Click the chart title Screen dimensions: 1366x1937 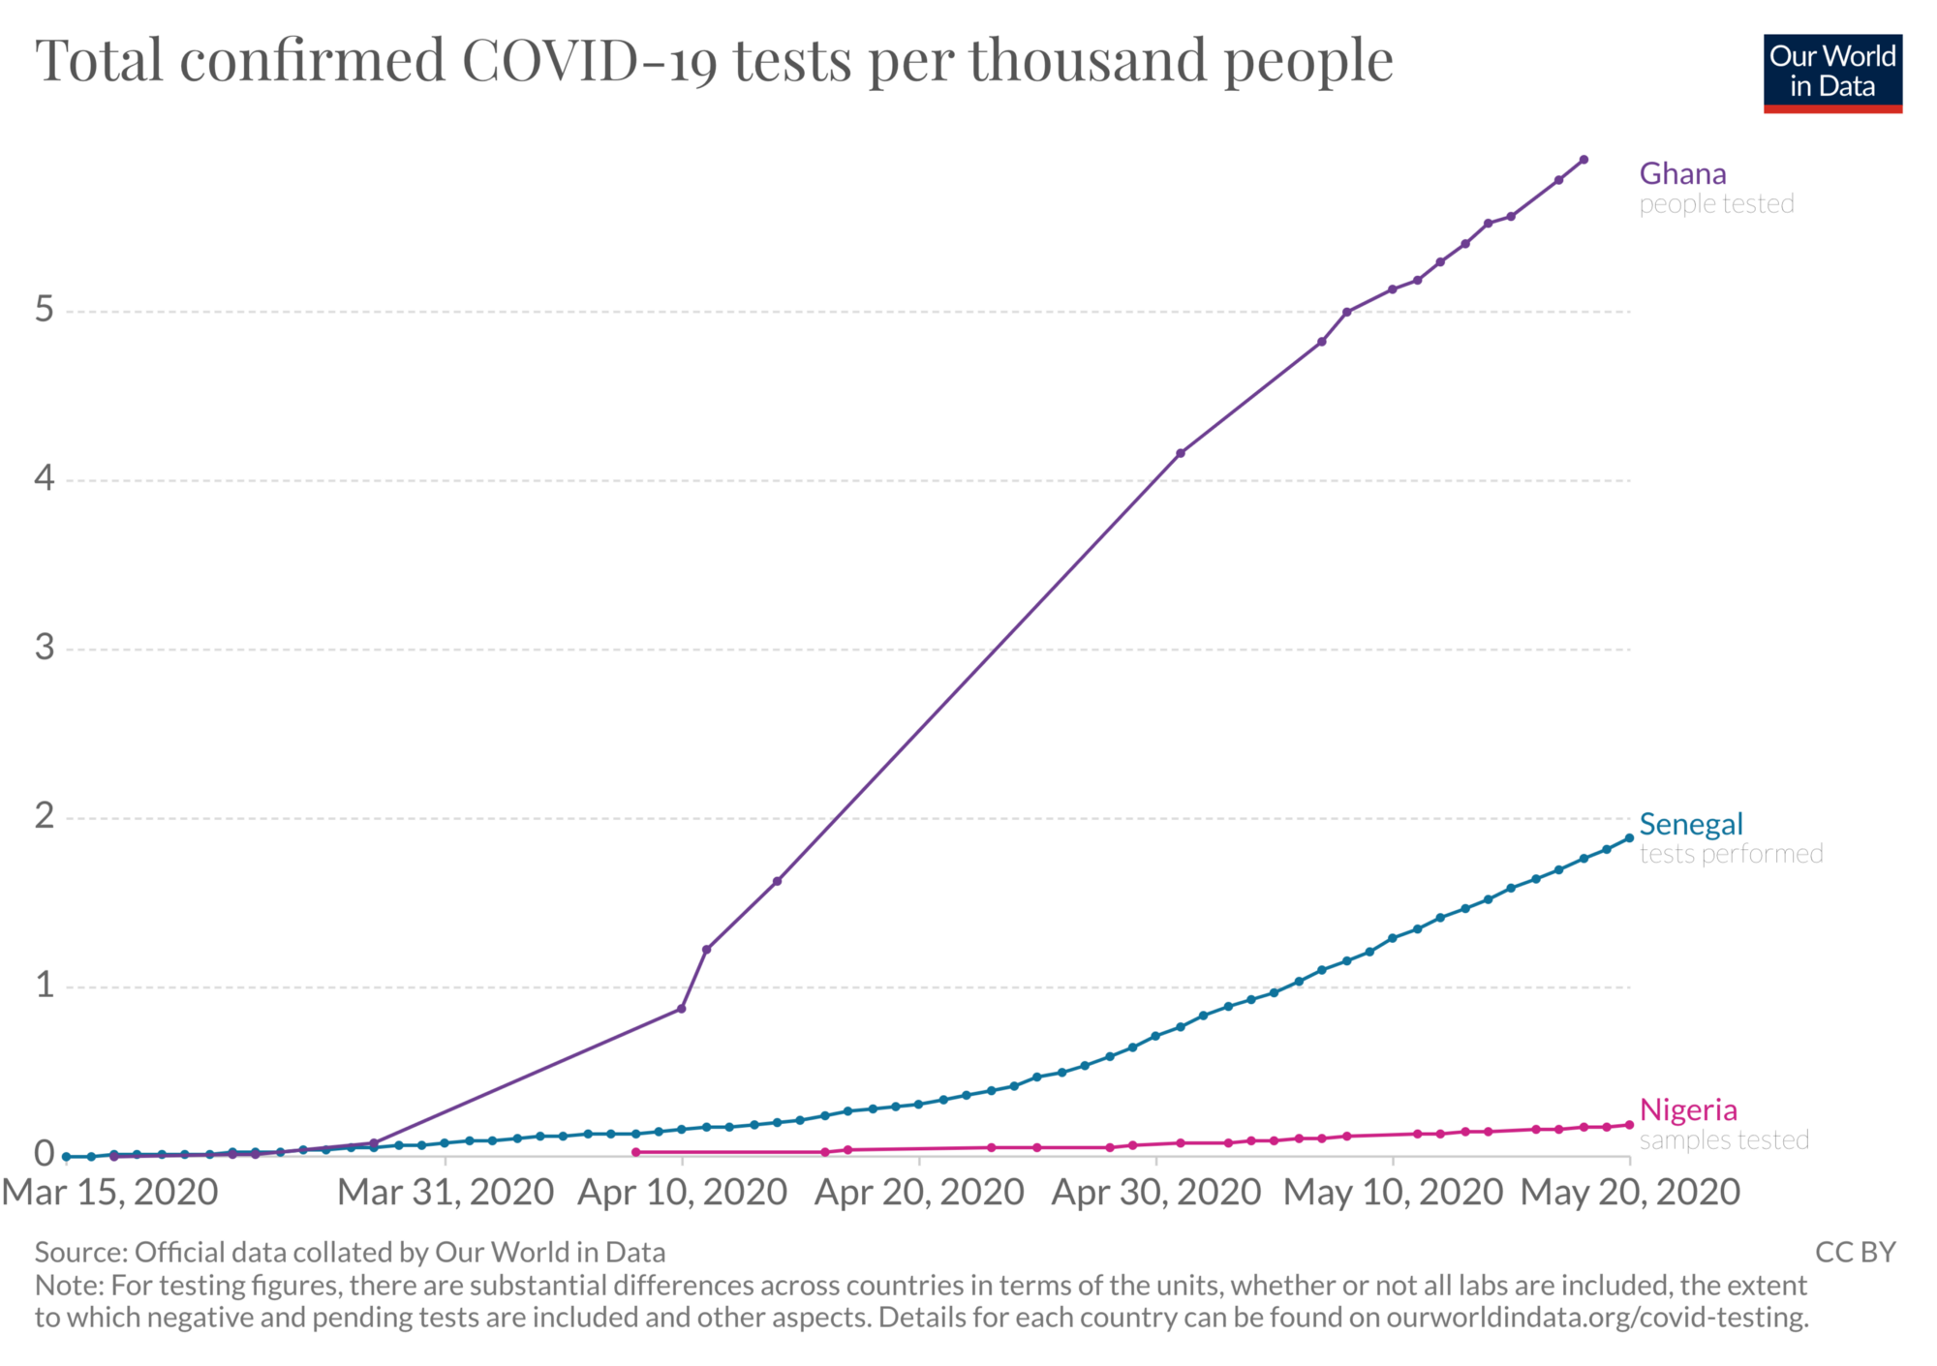714,60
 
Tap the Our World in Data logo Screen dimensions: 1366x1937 1832,73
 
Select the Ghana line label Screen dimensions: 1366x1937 1682,174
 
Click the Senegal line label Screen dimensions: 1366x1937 1690,825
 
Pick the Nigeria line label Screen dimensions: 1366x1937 1688,1109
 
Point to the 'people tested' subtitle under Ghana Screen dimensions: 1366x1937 1716,204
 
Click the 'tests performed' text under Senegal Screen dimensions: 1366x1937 1731,854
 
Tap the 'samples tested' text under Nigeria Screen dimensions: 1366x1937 1724,1140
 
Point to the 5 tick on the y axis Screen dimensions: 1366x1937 45,310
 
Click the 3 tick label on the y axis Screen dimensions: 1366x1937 45,648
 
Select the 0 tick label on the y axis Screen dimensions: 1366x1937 45,1154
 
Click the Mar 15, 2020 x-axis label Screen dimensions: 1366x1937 109,1193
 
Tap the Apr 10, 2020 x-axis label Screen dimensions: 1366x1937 682,1193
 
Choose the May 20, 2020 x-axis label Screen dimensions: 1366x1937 1630,1193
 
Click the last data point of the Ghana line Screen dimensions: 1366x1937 1583,160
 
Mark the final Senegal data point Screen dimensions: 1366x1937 1629,838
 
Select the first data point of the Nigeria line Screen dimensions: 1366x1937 635,1152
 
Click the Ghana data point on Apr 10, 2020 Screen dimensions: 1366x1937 681,1009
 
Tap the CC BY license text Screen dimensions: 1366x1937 1855,1253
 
